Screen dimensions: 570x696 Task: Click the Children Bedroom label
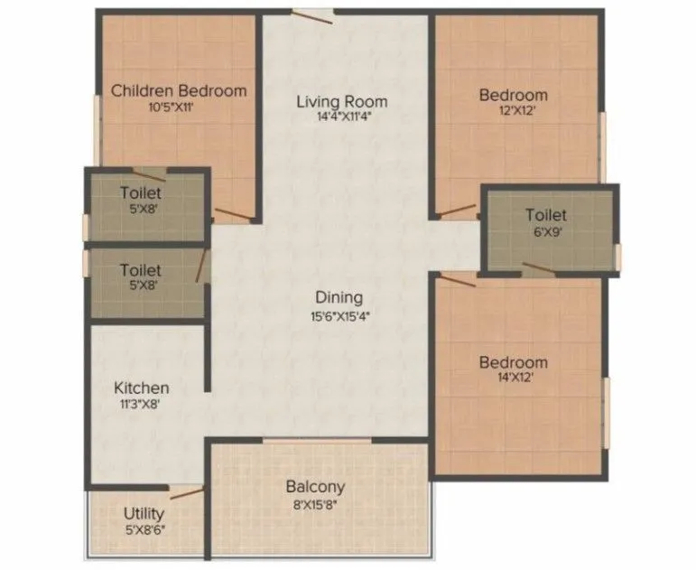point(179,90)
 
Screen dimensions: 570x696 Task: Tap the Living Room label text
point(341,101)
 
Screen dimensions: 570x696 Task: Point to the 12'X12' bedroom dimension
point(513,112)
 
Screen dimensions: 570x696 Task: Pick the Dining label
point(339,297)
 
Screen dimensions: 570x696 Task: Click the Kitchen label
point(141,388)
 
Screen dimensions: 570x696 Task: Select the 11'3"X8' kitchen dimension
point(141,406)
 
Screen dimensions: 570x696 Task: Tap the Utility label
point(144,514)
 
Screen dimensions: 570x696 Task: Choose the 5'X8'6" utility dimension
point(144,530)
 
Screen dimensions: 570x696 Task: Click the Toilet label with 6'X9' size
point(546,215)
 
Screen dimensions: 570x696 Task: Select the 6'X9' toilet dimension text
point(546,232)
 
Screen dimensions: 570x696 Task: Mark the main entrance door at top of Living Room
point(312,13)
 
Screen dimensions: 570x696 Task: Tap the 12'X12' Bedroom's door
point(456,211)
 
